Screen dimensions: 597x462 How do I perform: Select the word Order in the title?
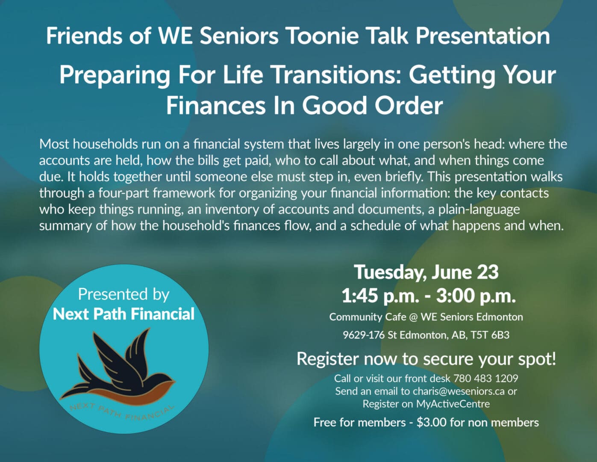(409, 106)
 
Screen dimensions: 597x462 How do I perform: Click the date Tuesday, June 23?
(426, 272)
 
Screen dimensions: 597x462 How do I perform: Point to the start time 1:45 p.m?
(380, 296)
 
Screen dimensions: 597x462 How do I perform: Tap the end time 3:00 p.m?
(476, 296)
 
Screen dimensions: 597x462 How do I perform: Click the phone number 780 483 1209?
(486, 379)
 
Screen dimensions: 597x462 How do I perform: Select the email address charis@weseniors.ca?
(459, 391)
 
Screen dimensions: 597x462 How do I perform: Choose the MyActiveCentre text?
(453, 404)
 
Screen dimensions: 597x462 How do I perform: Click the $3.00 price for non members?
(432, 423)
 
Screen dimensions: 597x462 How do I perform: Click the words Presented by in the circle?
(124, 295)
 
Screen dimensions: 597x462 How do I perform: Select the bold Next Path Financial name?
(124, 314)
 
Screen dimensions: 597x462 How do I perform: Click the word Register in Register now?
(328, 359)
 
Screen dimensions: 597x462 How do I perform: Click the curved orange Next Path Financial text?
(122, 412)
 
